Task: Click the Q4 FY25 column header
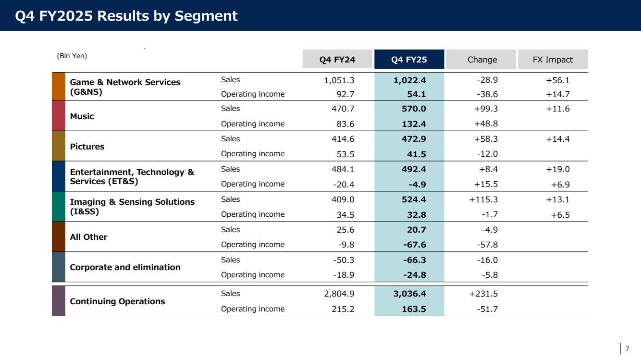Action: click(x=409, y=59)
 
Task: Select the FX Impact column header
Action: click(x=553, y=59)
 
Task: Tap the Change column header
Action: click(x=482, y=59)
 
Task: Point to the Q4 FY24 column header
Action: click(x=337, y=59)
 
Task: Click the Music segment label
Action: click(x=82, y=116)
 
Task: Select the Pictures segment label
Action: click(x=87, y=147)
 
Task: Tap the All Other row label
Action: click(x=88, y=237)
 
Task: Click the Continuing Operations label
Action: click(x=117, y=301)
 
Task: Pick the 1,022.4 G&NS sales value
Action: click(x=409, y=80)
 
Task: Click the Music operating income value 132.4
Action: click(x=414, y=124)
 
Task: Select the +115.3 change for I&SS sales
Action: click(x=483, y=199)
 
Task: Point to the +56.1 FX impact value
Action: click(x=558, y=80)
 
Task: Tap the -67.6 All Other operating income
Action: click(x=414, y=245)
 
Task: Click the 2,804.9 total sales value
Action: click(x=339, y=294)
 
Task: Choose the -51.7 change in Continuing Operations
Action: click(x=487, y=309)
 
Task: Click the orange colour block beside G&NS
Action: click(x=59, y=87)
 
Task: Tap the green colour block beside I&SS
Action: click(x=59, y=206)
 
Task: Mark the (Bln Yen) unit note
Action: click(x=72, y=56)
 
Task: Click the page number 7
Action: click(x=627, y=349)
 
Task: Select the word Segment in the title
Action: click(x=206, y=16)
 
